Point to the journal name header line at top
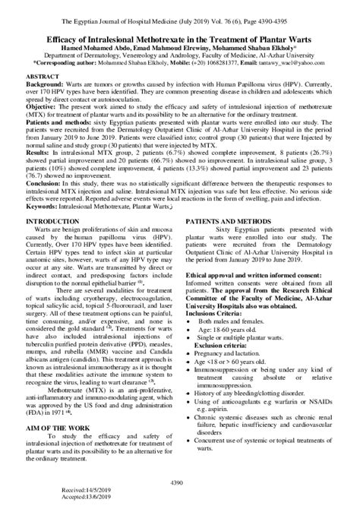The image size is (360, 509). click(179, 9)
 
